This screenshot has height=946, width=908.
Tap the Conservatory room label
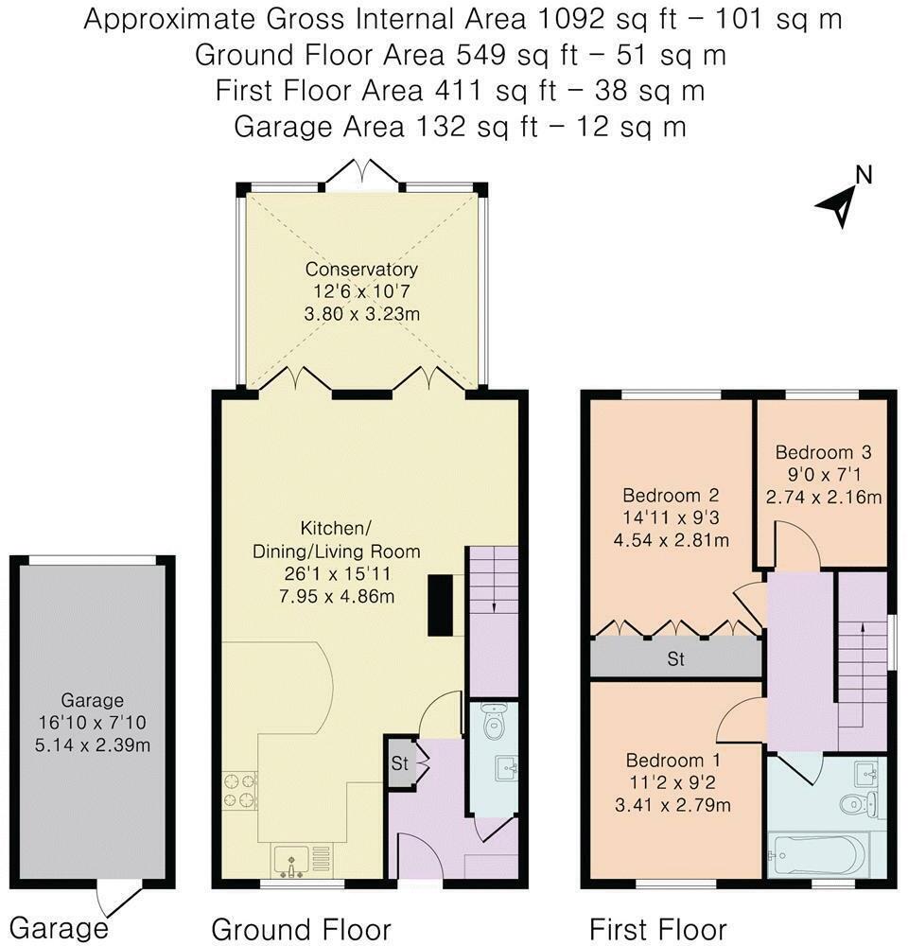point(361,269)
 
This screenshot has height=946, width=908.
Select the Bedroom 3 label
point(823,452)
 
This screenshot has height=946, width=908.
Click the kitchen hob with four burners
point(240,791)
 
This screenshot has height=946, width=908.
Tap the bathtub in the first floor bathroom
point(818,855)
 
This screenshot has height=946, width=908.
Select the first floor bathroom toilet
point(857,803)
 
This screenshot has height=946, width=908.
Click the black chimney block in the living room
point(441,605)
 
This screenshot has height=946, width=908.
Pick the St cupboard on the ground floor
point(400,763)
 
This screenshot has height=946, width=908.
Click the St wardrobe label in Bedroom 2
point(675,658)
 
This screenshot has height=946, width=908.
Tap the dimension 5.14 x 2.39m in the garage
point(93,745)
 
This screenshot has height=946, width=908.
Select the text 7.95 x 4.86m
point(337,597)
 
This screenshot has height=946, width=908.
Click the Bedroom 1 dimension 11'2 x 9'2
point(672,782)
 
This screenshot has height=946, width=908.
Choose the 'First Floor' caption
point(657,930)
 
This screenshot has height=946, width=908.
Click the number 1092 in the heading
point(570,19)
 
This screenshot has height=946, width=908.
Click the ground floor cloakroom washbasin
point(507,768)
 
